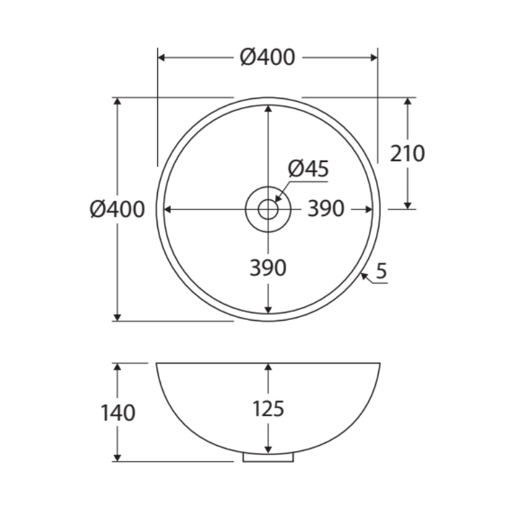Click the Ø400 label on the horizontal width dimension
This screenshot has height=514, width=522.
tap(267, 58)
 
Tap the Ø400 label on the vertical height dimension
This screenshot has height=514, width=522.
tap(117, 209)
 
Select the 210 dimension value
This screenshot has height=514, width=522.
tap(407, 153)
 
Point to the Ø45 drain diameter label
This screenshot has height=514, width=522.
tap(309, 169)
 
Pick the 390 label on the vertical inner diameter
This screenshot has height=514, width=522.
tap(268, 268)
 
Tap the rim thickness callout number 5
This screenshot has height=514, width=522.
tap(381, 271)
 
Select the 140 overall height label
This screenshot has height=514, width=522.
tap(118, 412)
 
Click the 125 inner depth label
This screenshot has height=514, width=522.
tap(268, 408)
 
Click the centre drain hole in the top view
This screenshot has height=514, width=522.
tap(268, 209)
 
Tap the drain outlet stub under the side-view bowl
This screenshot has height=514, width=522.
tap(268, 457)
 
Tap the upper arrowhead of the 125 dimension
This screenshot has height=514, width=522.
tap(268, 367)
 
